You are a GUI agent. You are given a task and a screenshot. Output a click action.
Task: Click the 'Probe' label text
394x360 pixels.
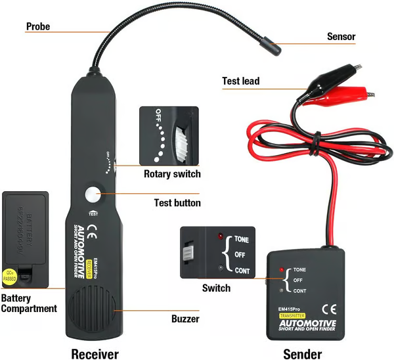click(37, 27)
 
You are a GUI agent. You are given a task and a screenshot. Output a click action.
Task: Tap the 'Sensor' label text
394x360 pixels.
click(341, 37)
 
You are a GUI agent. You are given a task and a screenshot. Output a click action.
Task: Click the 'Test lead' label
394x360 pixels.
click(240, 81)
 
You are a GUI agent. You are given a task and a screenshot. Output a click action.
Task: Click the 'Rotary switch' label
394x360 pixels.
click(172, 174)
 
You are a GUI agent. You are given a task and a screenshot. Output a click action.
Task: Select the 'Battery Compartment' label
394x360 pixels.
click(28, 303)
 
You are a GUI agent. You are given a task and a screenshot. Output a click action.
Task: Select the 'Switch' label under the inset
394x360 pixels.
click(216, 288)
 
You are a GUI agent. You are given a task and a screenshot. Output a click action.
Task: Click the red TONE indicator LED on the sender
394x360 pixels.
click(281, 270)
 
